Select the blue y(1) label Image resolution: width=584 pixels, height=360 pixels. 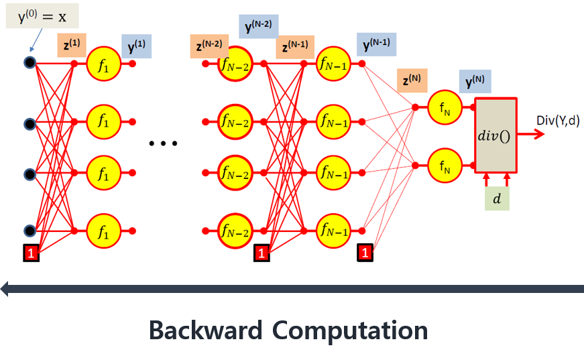tap(136, 47)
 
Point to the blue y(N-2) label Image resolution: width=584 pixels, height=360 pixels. tap(259, 27)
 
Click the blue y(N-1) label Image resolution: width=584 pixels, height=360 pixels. tap(376, 45)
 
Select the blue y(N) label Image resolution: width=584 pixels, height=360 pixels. tap(475, 82)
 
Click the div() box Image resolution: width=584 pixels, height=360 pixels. tap(496, 135)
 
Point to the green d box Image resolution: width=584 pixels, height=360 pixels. tap(496, 199)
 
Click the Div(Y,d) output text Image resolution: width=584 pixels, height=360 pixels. tap(558, 121)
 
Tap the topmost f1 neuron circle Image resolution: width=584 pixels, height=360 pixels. tap(103, 64)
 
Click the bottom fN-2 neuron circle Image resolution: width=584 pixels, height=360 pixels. tap(235, 231)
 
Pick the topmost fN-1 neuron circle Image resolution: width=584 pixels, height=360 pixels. tap(333, 64)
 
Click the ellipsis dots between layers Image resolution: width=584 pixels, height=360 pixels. tap(162, 143)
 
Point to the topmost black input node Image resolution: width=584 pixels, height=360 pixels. tap(30, 64)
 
